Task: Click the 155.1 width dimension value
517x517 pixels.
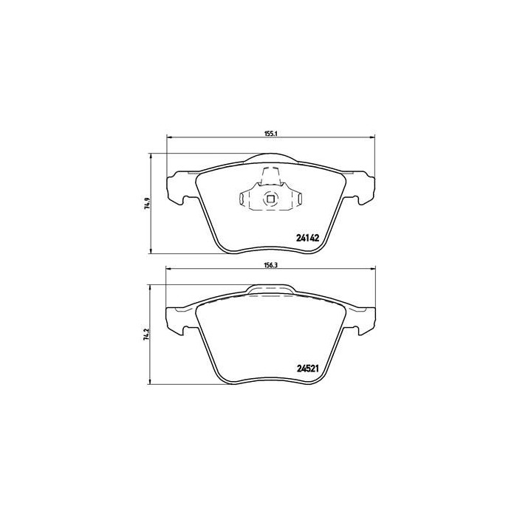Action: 270,134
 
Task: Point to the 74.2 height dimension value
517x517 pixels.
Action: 148,335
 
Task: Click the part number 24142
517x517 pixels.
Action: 307,238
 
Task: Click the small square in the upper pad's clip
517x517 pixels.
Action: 270,197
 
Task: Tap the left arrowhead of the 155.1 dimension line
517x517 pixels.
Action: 168,138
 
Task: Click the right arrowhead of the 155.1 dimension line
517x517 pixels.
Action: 372,138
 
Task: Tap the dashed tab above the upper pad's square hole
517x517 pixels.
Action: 270,175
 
